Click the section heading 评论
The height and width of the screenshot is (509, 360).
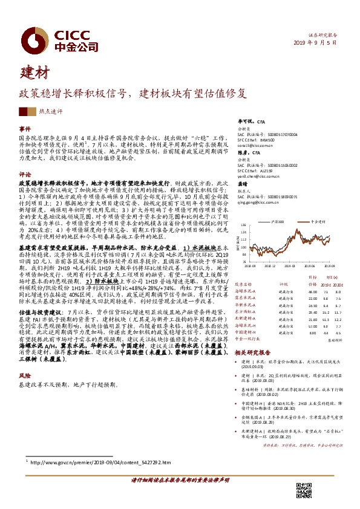(25, 173)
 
